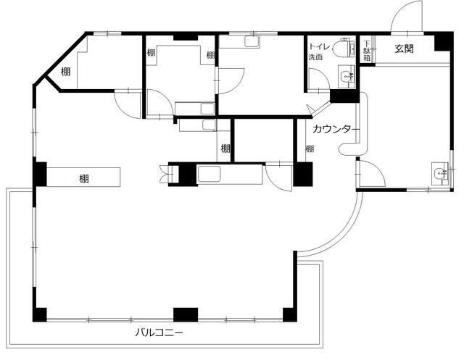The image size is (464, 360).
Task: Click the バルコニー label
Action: tap(159, 332)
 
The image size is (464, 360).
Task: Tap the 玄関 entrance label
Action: tap(405, 49)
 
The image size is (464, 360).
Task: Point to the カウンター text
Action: tap(336, 129)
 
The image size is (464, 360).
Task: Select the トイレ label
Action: tap(319, 46)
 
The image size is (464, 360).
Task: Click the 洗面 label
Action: tap(315, 57)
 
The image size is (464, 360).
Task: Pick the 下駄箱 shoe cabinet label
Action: tap(367, 51)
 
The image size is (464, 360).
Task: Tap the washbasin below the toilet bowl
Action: tap(347, 77)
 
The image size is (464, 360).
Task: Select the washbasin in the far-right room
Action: tap(440, 174)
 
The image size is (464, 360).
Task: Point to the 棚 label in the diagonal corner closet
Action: tap(66, 71)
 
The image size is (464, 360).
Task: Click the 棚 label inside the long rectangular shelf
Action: tap(84, 178)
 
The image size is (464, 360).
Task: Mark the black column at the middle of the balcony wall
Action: tap(186, 314)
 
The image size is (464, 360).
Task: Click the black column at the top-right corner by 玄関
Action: tap(444, 41)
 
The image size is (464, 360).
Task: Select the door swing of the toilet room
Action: tap(319, 78)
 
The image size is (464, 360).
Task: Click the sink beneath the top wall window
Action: tap(252, 41)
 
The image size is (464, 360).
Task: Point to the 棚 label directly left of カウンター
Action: tap(310, 148)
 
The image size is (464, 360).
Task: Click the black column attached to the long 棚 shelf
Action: tap(40, 174)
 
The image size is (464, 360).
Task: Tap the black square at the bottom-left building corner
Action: tap(40, 315)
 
